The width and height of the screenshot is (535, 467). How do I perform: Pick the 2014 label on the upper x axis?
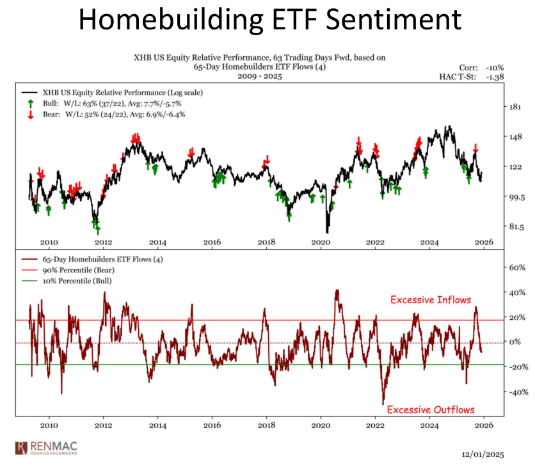pos(158,242)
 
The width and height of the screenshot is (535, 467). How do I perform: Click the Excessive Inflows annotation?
pos(430,299)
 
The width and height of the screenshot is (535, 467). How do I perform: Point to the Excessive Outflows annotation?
pos(431,409)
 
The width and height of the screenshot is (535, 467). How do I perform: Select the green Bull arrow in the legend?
pos(30,103)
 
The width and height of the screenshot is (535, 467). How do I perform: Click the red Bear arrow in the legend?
pos(30,115)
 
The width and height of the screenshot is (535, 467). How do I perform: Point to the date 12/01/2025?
pos(483,455)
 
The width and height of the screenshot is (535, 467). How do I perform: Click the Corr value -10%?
pos(495,67)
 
